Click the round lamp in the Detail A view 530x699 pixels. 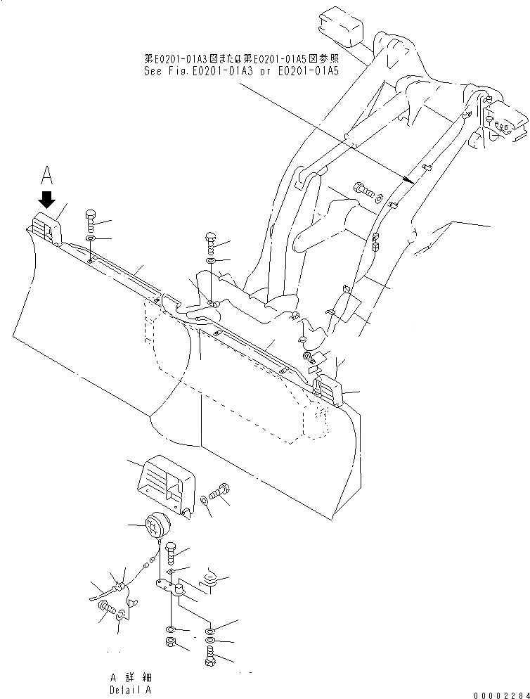[x=154, y=525]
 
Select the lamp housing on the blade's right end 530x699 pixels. [x=328, y=390]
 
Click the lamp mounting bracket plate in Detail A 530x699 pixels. [x=171, y=585]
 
